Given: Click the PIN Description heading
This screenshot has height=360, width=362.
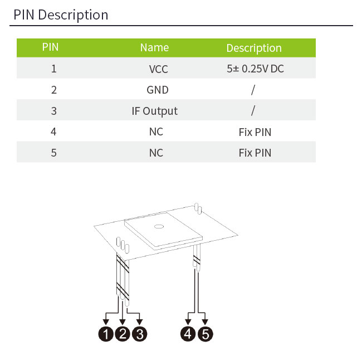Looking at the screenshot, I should click(61, 14).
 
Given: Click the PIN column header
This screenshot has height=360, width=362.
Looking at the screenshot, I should click(50, 47).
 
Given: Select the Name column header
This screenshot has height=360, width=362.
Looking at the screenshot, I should click(154, 47).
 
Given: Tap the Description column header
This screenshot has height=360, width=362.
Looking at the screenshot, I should click(254, 48).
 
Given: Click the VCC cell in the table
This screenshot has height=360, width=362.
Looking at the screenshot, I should click(158, 69).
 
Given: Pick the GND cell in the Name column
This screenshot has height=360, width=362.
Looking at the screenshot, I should click(158, 90).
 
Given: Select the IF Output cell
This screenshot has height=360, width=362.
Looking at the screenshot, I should click(155, 111).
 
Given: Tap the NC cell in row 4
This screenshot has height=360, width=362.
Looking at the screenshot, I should click(156, 132).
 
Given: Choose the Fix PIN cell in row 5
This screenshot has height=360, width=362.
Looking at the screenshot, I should click(255, 152).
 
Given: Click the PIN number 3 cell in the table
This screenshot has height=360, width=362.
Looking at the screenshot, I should click(54, 111).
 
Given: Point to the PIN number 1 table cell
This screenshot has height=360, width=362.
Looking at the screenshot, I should click(54, 69).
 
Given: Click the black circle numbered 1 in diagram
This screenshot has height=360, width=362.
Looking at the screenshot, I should click(105, 334).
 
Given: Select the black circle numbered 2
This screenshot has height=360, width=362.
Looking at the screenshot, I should click(123, 334).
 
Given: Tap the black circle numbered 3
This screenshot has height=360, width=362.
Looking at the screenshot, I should click(140, 334).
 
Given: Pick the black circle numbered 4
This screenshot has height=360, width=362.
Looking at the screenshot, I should click(188, 334).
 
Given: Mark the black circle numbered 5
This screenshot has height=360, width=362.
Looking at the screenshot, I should click(206, 334).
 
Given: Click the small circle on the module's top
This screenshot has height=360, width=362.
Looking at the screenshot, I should click(159, 226).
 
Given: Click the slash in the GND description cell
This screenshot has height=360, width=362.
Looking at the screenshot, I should click(253, 90).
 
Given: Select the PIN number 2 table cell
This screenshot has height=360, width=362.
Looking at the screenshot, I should click(54, 90).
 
